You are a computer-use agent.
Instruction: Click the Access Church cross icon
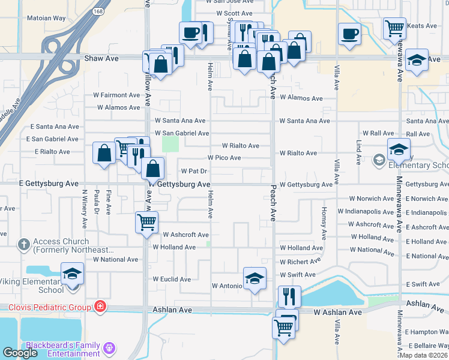tap(23, 244)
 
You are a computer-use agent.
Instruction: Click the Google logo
tap(20, 353)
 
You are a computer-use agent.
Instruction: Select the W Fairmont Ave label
tap(116, 95)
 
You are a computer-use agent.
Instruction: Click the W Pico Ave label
tap(224, 158)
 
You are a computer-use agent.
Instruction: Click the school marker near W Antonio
tap(255, 278)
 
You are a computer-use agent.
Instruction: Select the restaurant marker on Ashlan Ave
tap(289, 296)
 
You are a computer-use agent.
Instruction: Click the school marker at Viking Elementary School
tap(72, 275)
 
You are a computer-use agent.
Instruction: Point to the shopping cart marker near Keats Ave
tap(394, 28)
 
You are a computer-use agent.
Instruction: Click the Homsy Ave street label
tap(324, 226)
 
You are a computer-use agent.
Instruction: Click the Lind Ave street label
tap(358, 152)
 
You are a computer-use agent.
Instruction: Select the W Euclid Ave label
tap(175, 279)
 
